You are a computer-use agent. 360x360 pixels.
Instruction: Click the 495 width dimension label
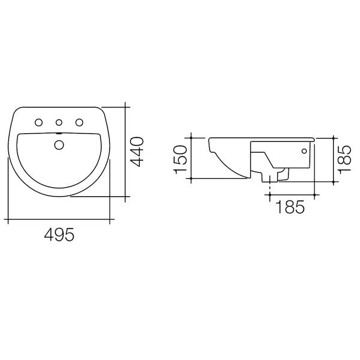(59, 236)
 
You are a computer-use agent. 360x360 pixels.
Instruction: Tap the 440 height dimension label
(137, 152)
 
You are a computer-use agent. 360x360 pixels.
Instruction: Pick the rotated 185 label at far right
(344, 157)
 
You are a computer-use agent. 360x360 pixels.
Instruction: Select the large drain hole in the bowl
(58, 144)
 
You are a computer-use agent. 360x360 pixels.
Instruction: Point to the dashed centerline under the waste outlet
(272, 187)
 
